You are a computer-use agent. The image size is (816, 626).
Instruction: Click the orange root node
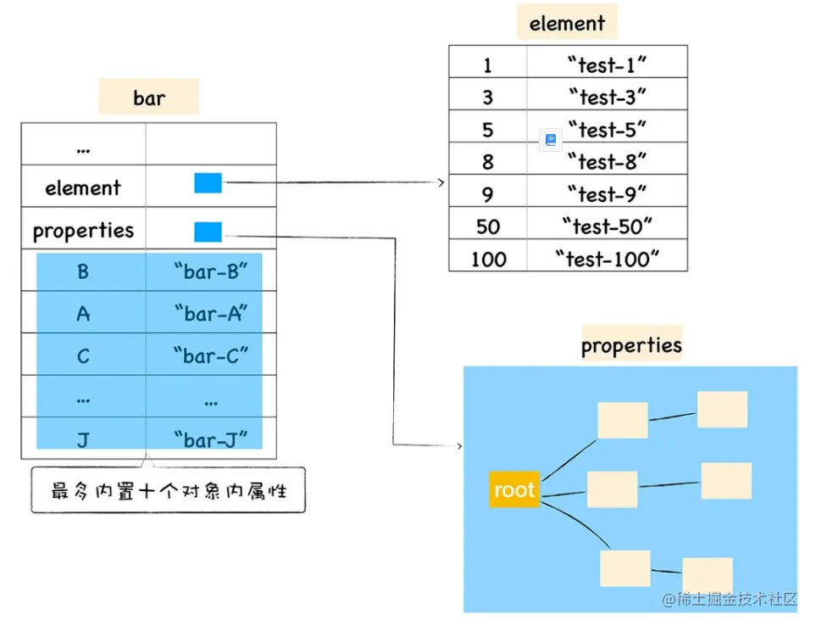click(x=513, y=489)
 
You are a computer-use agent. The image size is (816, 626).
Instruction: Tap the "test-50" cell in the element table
click(x=607, y=226)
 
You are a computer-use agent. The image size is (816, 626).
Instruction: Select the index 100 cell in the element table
click(x=488, y=259)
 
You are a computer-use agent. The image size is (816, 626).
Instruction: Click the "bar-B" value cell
click(x=210, y=271)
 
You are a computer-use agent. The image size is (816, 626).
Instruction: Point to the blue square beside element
click(x=208, y=182)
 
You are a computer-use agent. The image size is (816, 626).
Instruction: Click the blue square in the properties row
click(x=208, y=232)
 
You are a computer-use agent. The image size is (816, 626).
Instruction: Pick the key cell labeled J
click(x=83, y=439)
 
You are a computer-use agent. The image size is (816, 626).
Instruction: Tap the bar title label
click(x=148, y=98)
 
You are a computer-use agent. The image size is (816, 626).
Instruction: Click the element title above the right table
click(x=567, y=23)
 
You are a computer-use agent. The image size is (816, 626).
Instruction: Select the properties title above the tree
click(x=631, y=345)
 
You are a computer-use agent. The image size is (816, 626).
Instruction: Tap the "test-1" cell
click(x=607, y=64)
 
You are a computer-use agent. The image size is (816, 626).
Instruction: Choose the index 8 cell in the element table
click(x=488, y=161)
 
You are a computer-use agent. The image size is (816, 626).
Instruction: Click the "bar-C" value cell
click(x=210, y=355)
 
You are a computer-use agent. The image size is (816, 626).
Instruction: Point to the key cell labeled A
click(x=83, y=314)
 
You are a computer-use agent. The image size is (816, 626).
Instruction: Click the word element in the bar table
click(x=83, y=187)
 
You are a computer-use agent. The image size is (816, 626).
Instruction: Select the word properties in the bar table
click(x=83, y=230)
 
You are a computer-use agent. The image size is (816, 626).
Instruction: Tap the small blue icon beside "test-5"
click(x=551, y=140)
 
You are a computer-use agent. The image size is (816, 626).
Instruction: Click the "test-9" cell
click(x=607, y=194)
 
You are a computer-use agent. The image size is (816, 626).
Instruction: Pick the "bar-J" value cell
click(x=210, y=439)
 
